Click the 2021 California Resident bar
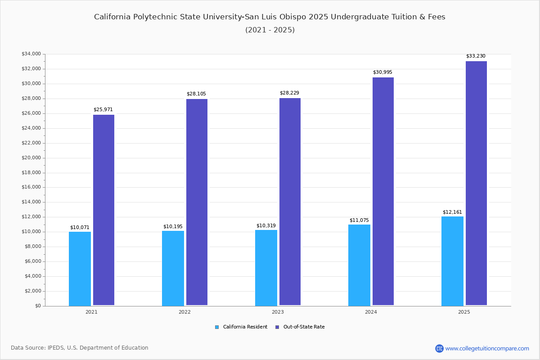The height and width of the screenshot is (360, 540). click(x=80, y=269)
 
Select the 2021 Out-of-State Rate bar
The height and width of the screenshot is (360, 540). click(x=103, y=210)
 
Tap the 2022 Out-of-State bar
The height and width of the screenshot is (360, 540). click(x=197, y=202)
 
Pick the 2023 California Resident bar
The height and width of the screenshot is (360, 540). click(x=266, y=268)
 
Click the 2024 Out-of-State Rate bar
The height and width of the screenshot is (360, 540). click(x=383, y=191)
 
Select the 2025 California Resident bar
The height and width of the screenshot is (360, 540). click(x=452, y=261)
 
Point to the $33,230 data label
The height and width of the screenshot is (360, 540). click(x=476, y=56)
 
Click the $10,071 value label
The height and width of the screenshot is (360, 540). click(x=80, y=227)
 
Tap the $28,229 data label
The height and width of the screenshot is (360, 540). click(x=289, y=93)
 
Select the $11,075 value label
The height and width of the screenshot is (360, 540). click(x=359, y=220)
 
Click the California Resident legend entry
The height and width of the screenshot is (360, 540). click(x=241, y=327)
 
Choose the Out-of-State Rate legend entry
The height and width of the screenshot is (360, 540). click(x=300, y=327)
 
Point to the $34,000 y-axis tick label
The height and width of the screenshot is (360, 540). click(x=31, y=54)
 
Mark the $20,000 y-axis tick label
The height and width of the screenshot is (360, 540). click(x=31, y=158)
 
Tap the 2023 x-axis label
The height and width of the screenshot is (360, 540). click(x=278, y=312)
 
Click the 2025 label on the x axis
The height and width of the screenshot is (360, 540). click(x=464, y=312)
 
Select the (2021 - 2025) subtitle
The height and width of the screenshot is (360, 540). click(x=270, y=30)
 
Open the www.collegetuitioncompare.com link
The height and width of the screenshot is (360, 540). click(x=487, y=348)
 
